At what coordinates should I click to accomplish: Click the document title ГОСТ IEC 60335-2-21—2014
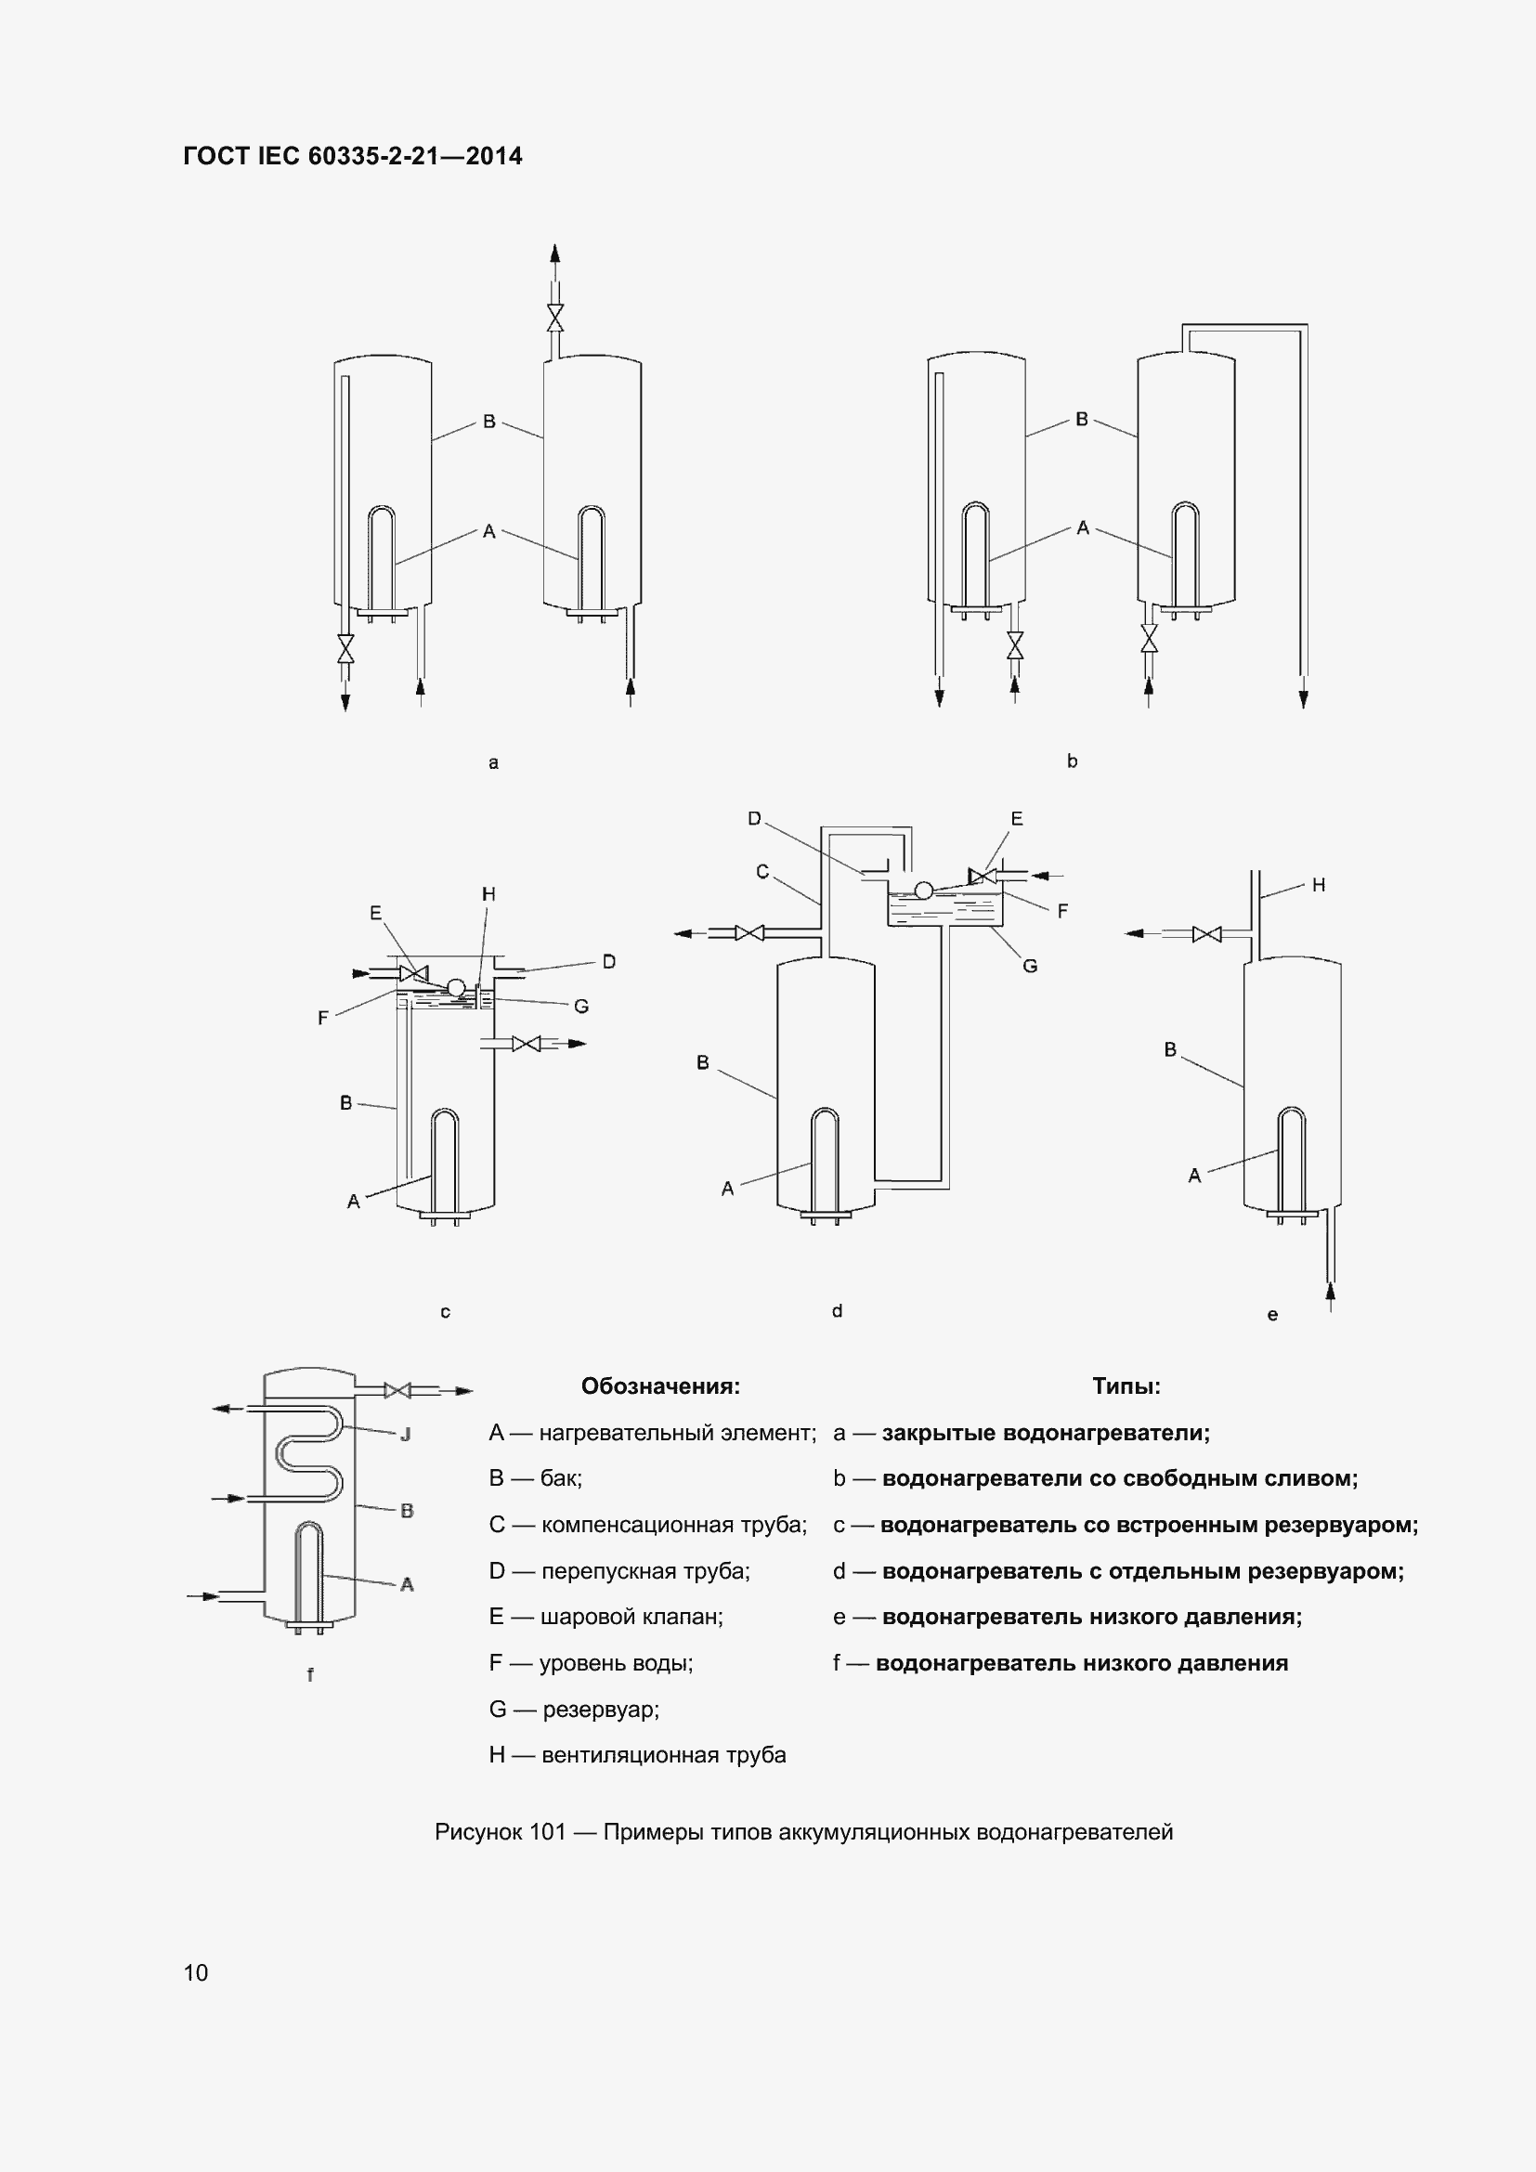click(352, 156)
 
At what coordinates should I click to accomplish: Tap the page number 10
click(195, 1972)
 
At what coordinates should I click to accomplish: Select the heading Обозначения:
click(660, 1385)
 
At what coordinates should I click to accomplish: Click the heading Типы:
click(1126, 1385)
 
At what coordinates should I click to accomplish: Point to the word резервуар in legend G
click(598, 1710)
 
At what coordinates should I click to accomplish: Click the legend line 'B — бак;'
click(535, 1478)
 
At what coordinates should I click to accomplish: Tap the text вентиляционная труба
click(664, 1755)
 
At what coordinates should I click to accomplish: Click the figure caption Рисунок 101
click(500, 1832)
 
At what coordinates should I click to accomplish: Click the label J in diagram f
click(406, 1435)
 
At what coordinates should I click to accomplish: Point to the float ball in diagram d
click(924, 890)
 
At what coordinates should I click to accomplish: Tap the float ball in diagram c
click(456, 987)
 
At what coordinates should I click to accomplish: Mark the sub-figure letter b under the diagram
click(1072, 761)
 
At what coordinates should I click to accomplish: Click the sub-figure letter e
click(1272, 1315)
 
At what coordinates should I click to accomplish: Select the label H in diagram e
click(1319, 885)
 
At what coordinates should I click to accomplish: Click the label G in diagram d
click(1030, 966)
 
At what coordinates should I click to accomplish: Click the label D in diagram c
click(609, 961)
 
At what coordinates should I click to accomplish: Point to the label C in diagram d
click(762, 871)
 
